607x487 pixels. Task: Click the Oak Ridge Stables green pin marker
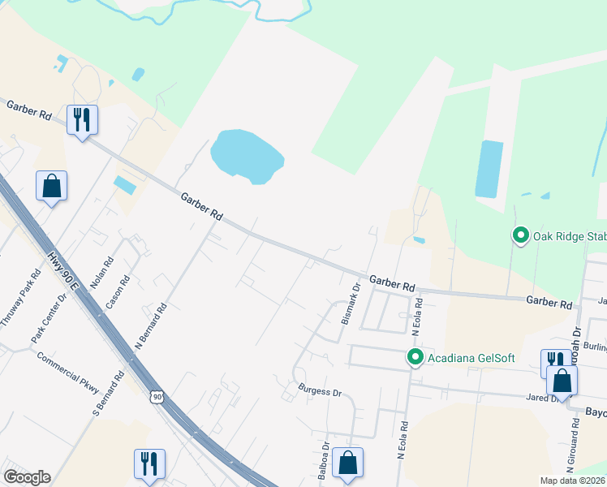pyautogui.click(x=520, y=236)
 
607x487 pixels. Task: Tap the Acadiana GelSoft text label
pyautogui.click(x=460, y=357)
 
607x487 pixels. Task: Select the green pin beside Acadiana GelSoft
pyautogui.click(x=415, y=357)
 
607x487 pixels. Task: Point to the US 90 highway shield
pyautogui.click(x=157, y=396)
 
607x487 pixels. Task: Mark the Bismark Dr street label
pyautogui.click(x=351, y=304)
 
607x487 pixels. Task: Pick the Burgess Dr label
pyautogui.click(x=320, y=391)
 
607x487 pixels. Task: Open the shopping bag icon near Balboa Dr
pyautogui.click(x=347, y=463)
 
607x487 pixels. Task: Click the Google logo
pyautogui.click(x=27, y=477)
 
